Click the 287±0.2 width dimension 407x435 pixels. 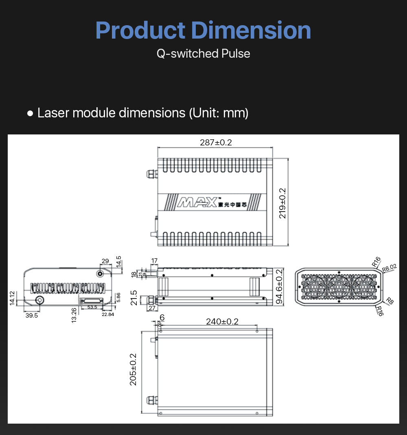216,143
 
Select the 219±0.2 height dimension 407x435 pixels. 282,203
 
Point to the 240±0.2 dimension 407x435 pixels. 222,322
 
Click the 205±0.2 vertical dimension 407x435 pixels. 133,369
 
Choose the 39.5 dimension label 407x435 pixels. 31,315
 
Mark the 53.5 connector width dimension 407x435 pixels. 92,307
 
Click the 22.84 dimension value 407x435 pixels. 107,314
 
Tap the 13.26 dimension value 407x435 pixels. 74,315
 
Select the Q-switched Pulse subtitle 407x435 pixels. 203,53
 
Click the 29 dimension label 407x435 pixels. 105,261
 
